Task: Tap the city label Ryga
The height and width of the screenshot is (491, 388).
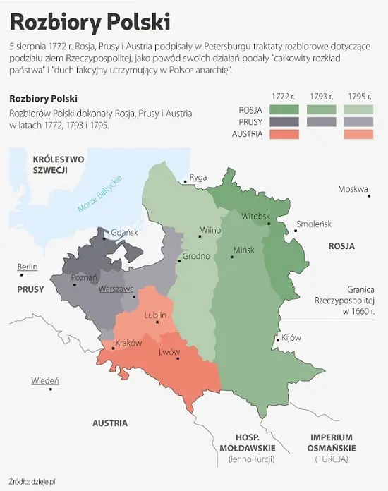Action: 198,177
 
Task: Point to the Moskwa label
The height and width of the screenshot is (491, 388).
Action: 353,189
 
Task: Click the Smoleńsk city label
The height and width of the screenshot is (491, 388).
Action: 314,224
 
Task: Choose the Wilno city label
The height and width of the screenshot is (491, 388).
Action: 210,230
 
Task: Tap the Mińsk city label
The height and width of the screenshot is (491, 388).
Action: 243,250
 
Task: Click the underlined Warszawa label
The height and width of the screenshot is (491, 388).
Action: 116,289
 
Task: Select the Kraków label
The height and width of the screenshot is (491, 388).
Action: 128,342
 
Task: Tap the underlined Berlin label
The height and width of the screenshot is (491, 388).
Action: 28,267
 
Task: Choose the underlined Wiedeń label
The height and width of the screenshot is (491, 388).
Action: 45,381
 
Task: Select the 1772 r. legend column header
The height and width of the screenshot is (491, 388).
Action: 284,95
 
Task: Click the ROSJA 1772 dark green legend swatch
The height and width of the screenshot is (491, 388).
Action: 284,109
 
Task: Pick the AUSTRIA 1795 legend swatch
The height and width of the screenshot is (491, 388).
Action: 360,134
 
